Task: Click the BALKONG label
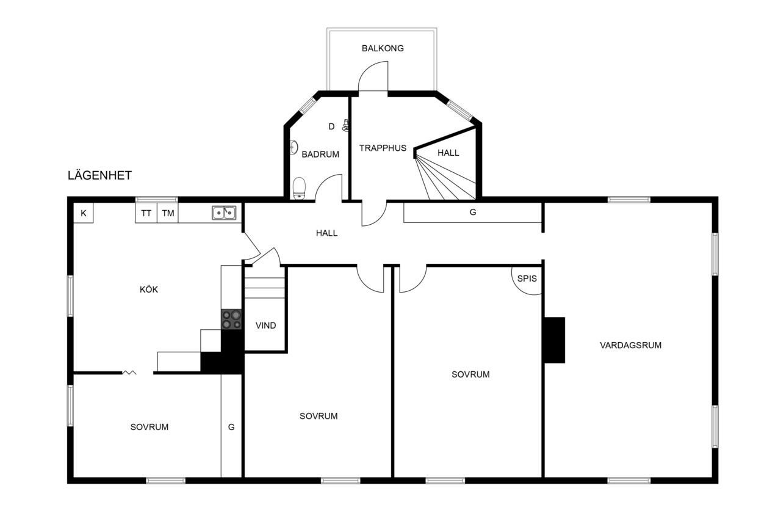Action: pos(383,48)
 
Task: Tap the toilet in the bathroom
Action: pos(299,189)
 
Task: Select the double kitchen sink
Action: pos(224,213)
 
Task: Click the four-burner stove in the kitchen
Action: pos(231,319)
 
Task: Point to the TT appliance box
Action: pos(146,213)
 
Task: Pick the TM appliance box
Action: pos(168,213)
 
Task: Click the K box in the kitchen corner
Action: pos(84,213)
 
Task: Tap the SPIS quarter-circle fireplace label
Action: pos(527,279)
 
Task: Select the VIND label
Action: pos(265,326)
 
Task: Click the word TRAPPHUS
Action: pos(383,148)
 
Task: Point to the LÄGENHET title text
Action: pos(99,175)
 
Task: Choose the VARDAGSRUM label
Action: pos(630,345)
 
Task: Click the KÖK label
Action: pos(149,290)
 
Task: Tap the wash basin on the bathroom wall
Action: pos(294,147)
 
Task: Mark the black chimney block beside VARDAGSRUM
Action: pos(555,340)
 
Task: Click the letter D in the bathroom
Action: pos(331,126)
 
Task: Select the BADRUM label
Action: pos(320,155)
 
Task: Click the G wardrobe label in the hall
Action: pos(473,212)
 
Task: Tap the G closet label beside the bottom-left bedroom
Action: pos(231,427)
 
